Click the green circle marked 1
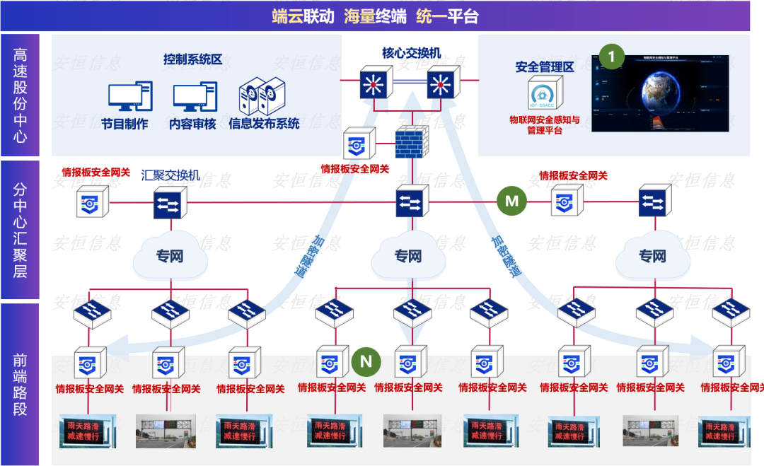(612, 56)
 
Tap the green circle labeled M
(511, 202)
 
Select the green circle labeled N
(366, 362)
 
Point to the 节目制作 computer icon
(129, 98)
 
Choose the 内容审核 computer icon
(195, 98)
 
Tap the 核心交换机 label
(411, 52)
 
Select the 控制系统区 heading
(192, 59)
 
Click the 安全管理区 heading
(544, 68)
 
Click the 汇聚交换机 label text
(170, 175)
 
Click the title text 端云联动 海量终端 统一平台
(375, 16)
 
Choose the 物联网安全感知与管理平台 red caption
(545, 125)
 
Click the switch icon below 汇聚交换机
(170, 204)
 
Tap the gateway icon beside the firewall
(357, 145)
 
